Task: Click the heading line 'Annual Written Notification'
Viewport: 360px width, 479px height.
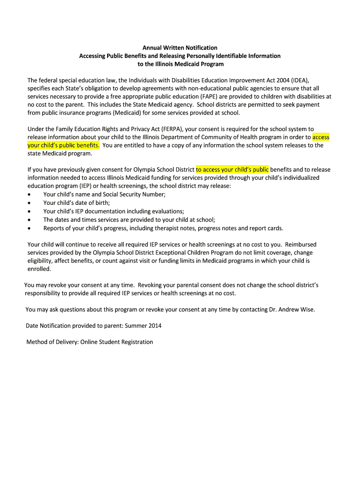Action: [x=180, y=48]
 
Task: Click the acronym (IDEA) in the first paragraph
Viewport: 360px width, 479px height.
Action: [x=299, y=80]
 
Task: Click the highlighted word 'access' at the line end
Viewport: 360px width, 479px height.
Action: [x=321, y=137]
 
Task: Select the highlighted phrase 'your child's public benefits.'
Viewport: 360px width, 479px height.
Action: [x=64, y=145]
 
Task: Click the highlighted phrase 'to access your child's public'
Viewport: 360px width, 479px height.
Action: [x=232, y=169]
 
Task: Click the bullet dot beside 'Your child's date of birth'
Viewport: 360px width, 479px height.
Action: [x=30, y=203]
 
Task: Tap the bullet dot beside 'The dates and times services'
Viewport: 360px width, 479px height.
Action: [x=30, y=220]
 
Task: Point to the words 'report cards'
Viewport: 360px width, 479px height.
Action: [x=267, y=228]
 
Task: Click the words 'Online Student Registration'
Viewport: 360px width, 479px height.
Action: [x=116, y=342]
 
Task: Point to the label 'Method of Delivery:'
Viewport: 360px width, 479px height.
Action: [x=52, y=342]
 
